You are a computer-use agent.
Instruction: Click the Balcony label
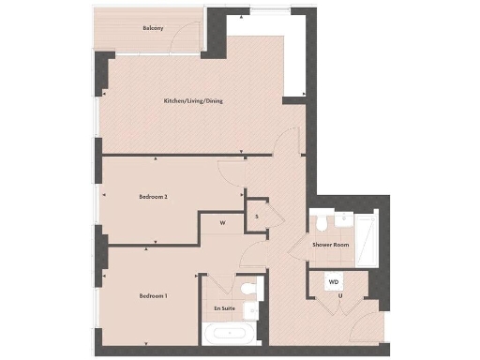coord(154,27)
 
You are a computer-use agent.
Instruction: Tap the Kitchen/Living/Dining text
coord(193,100)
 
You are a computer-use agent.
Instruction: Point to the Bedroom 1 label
coord(153,296)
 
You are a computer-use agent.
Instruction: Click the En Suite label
coord(223,307)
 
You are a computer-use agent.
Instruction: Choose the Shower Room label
coord(331,245)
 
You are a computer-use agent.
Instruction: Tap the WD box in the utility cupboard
coord(334,281)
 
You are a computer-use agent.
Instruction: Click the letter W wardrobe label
coord(222,223)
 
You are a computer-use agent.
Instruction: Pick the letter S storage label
coord(257,216)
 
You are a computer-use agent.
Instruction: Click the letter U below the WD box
coord(340,296)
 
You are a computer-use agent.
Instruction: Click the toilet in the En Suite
coord(248,289)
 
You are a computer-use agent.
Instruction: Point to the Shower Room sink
coord(345,221)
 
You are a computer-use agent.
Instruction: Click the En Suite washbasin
coord(251,310)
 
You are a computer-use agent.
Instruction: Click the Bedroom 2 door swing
coord(231,171)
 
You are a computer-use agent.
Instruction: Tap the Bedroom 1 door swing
coord(252,255)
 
